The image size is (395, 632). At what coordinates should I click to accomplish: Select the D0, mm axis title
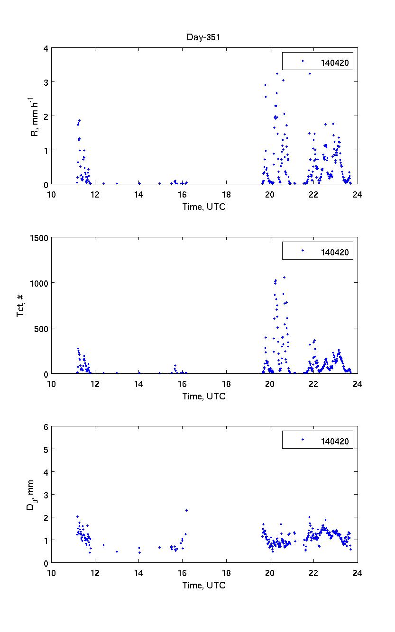coord(31,495)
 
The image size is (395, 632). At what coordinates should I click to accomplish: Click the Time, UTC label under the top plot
coord(204,207)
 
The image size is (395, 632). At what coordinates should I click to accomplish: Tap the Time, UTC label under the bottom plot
coord(204,586)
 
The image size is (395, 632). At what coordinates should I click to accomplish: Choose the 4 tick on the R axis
coord(46,48)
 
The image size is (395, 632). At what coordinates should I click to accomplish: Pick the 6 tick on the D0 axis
coord(46,427)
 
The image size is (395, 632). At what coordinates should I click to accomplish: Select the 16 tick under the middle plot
coord(182,383)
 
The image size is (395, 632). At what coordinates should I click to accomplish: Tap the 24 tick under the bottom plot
coord(357,572)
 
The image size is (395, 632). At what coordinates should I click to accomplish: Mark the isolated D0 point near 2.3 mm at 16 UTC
coord(186,510)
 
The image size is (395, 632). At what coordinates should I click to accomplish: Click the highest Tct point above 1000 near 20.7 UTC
coord(284,277)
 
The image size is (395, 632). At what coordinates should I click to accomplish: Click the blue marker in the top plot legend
coord(303,61)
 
